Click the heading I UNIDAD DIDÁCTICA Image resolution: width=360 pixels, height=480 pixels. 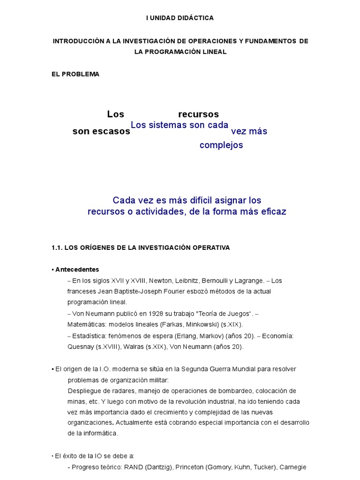click(180, 18)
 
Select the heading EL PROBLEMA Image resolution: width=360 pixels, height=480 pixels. click(75, 74)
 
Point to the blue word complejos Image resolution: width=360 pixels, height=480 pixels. click(221, 145)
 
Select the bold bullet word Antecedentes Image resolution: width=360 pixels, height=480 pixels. click(77, 270)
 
